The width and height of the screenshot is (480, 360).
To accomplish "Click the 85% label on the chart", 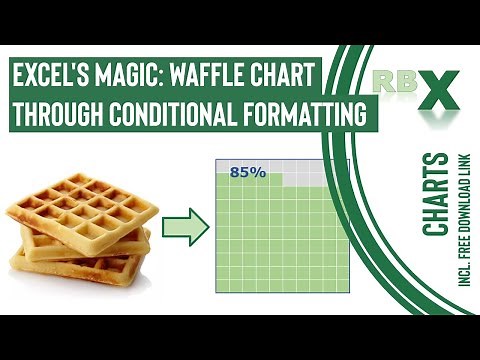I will [x=247, y=172].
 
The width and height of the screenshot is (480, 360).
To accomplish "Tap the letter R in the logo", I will [x=383, y=80].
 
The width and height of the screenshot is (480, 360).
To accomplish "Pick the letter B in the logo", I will [x=403, y=80].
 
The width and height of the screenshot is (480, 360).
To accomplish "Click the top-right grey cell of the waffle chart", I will [x=343, y=166].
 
